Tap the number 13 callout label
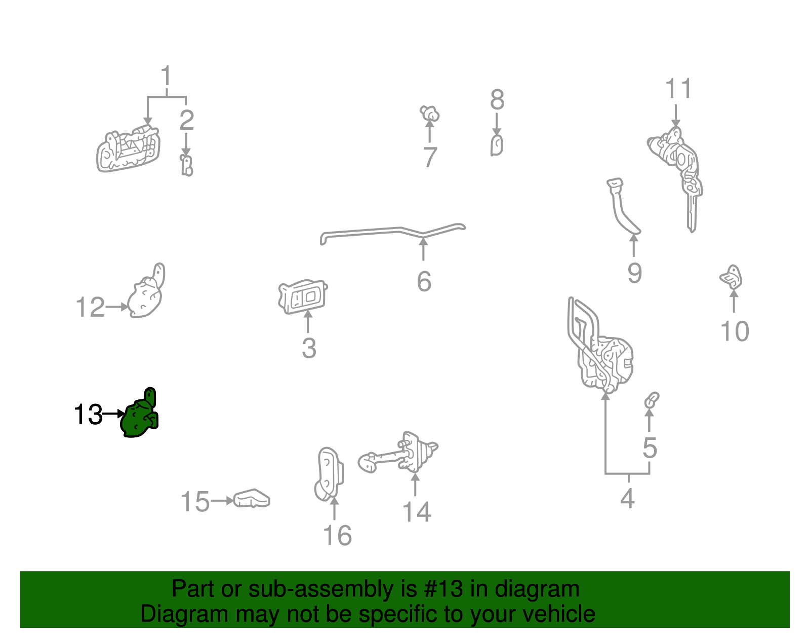88,415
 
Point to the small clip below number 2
187,165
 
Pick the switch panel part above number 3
303,296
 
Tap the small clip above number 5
651,399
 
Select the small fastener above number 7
430,113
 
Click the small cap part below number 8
497,145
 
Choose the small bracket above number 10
732,277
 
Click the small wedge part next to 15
252,498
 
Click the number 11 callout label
678,89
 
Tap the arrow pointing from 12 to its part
117,307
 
